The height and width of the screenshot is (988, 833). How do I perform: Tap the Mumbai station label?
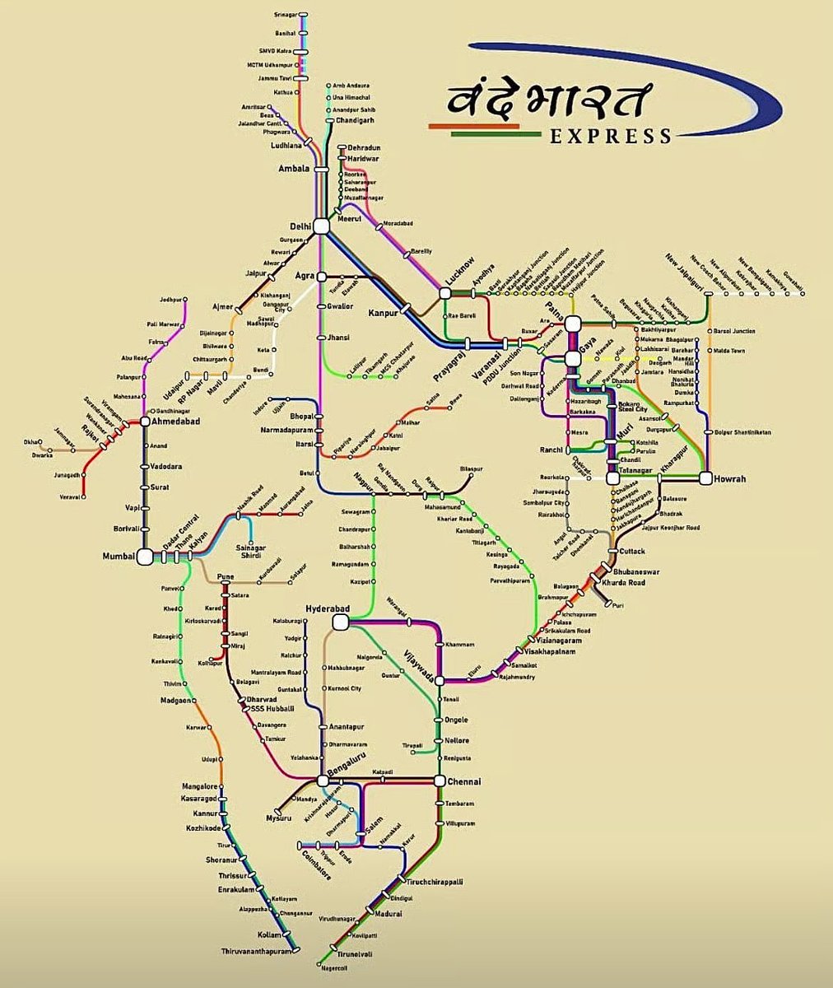tap(119, 557)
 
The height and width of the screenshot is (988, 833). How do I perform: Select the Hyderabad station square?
tap(338, 624)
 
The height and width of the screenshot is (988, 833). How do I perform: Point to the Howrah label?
tap(730, 478)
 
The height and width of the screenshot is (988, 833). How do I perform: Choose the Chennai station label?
tap(464, 781)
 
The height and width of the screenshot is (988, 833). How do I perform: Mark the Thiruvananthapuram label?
tap(256, 952)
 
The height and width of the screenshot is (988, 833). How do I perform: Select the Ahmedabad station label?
tap(175, 421)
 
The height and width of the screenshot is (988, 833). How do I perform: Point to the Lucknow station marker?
tap(445, 292)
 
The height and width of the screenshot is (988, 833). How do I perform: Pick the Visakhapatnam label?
tap(570, 651)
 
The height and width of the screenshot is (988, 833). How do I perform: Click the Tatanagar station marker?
tap(612, 478)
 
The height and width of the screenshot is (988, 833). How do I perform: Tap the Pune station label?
tap(225, 576)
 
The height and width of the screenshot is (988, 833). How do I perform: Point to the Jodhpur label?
tap(170, 300)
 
